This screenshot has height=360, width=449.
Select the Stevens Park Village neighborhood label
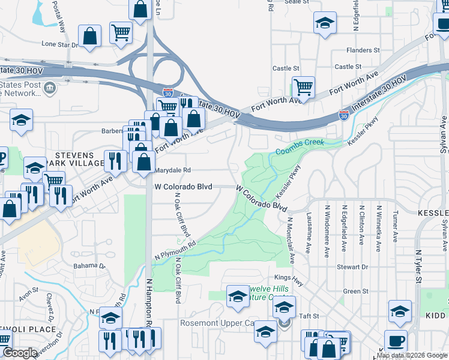80,159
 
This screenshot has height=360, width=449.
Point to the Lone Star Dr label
59,44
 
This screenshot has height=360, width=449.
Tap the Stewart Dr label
353,266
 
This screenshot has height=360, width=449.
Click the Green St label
355,292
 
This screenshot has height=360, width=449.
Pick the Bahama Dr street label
89,265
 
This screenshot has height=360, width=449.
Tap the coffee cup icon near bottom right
396,341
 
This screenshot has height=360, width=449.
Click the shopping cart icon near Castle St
304,87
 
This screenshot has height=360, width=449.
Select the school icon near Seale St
325,23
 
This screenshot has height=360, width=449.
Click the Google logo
20,353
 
